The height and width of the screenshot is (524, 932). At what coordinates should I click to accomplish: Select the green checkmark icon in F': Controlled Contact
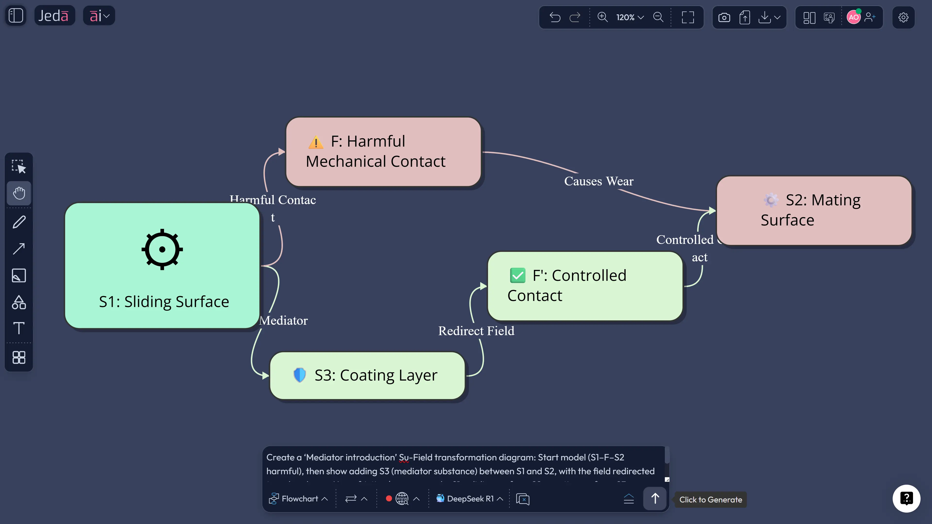point(517,275)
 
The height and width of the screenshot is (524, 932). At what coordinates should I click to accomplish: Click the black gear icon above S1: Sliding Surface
point(162,249)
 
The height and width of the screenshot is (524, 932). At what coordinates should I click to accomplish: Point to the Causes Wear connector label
point(599,181)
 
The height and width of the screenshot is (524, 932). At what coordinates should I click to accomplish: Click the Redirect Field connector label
point(476,331)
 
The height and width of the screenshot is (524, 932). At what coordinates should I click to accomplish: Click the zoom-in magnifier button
point(602,17)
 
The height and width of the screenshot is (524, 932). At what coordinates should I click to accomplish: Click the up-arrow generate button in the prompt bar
point(655,499)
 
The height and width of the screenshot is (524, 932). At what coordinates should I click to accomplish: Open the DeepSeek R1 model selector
point(470,499)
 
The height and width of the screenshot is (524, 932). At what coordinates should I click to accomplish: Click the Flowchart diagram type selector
point(299,499)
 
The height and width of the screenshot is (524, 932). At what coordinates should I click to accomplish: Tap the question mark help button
point(906,498)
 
